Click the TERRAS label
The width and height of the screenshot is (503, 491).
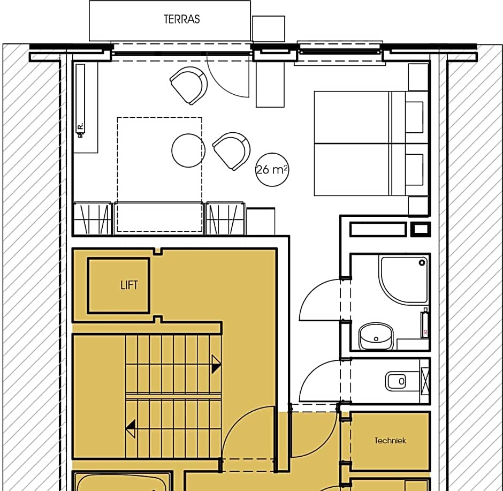(181, 19)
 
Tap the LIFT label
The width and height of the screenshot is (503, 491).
(128, 285)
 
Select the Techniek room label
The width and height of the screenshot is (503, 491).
(390, 441)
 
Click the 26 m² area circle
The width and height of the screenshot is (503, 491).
(272, 170)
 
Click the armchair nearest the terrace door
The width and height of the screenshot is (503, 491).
(189, 85)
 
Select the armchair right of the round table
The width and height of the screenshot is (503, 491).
(232, 150)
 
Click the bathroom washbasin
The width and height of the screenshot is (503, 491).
(376, 336)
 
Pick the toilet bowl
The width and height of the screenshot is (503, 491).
(396, 381)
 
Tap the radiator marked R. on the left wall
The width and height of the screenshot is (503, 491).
(80, 102)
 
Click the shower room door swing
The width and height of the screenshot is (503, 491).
(318, 301)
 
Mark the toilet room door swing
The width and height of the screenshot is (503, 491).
(319, 381)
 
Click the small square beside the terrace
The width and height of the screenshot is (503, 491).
(268, 29)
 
